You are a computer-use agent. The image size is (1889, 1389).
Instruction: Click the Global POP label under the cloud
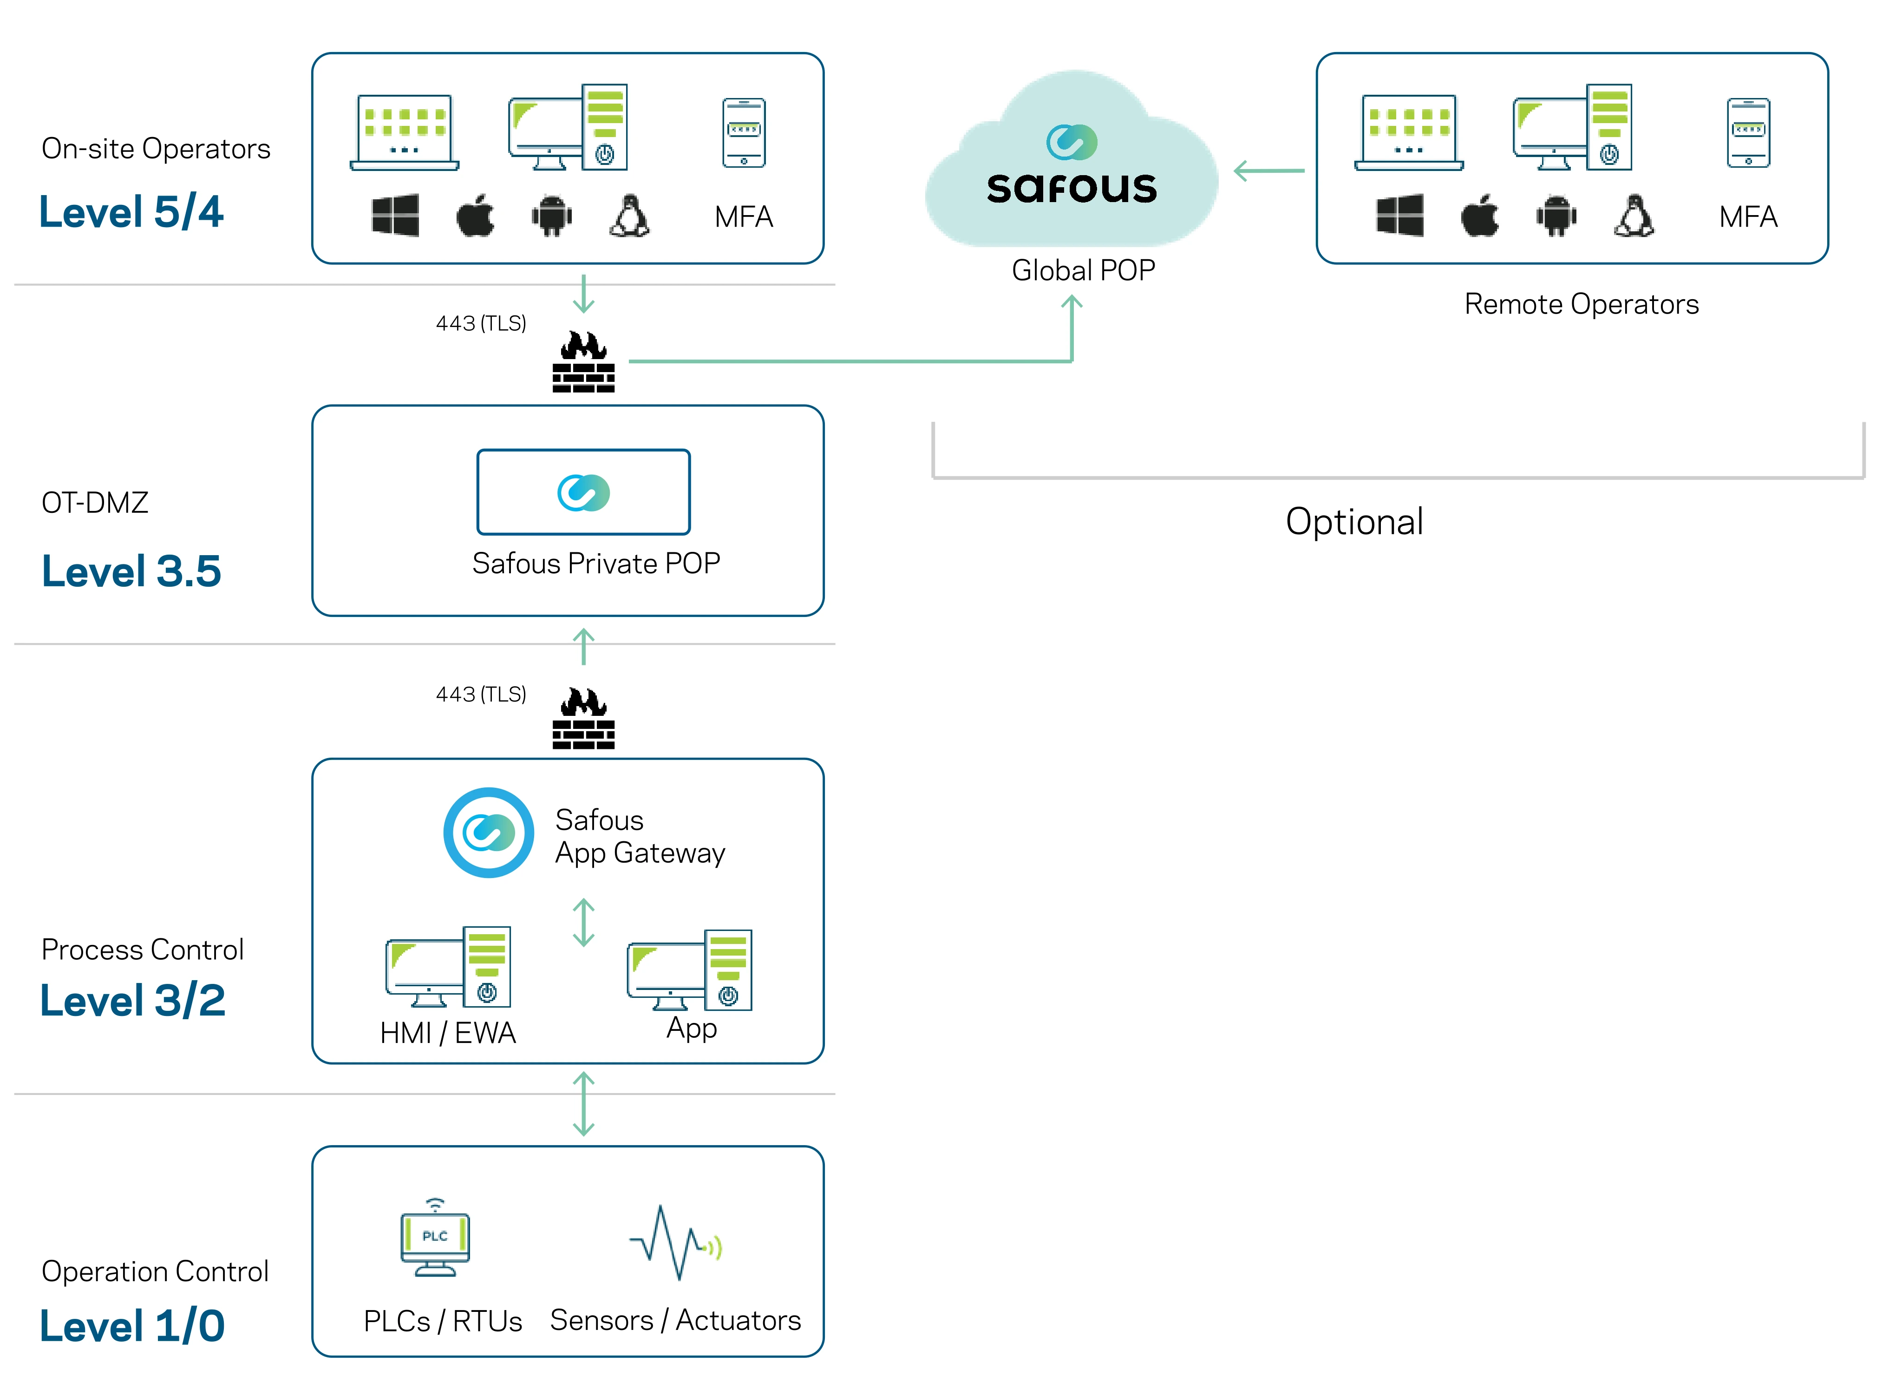click(x=1083, y=271)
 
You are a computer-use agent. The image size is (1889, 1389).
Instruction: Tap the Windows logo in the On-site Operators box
click(x=395, y=216)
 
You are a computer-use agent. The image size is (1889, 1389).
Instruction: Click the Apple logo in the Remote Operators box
click(x=1480, y=216)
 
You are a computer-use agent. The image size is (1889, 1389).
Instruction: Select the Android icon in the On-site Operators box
click(x=551, y=216)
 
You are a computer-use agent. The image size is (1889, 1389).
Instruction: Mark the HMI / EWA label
click(x=447, y=1033)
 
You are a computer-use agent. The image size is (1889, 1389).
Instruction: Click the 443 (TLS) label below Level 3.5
click(x=481, y=694)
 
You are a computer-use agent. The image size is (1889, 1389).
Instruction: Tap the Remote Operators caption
click(x=1581, y=304)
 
